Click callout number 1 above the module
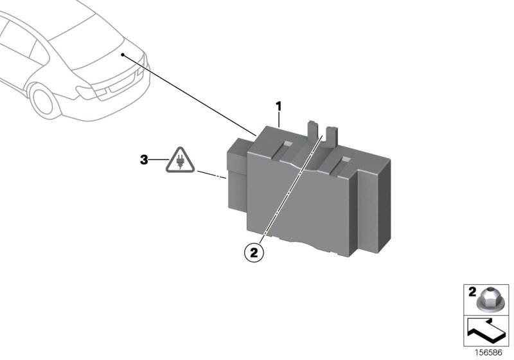[279, 105]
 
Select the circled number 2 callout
[254, 253]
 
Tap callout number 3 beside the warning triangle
[145, 158]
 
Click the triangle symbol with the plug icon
[180, 161]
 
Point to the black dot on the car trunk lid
[122, 55]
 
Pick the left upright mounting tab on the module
[312, 130]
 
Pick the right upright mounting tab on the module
[332, 135]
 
